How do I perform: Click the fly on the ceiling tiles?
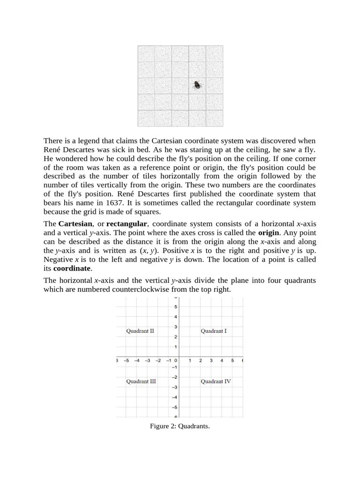(198, 85)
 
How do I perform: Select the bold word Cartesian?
(75, 224)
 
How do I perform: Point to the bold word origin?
(269, 232)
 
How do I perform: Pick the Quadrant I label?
(214, 331)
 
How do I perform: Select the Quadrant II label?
(140, 331)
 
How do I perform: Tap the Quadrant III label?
(141, 382)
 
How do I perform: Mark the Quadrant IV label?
(216, 382)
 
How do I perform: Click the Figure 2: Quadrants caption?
(180, 426)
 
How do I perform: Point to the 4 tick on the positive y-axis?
(176, 317)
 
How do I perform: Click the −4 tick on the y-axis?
(174, 397)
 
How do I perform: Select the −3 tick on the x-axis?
(147, 360)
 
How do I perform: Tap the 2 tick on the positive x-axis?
(201, 360)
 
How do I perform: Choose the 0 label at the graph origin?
(175, 360)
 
